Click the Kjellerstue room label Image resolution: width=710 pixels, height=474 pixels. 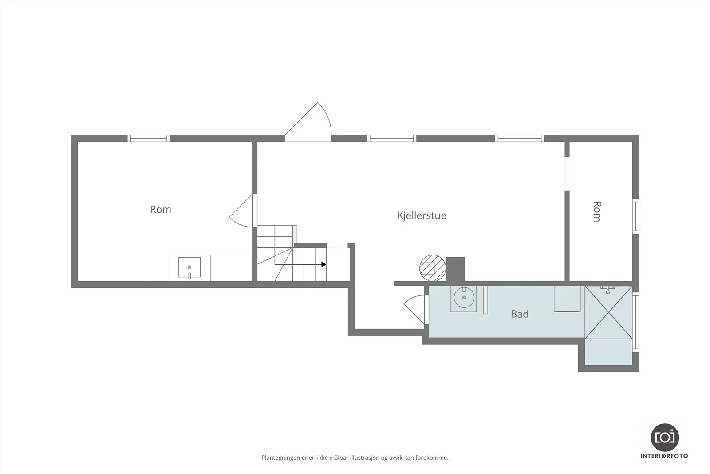422,216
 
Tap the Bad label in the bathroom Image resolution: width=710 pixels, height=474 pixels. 520,314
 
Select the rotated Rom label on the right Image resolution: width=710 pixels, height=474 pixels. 597,211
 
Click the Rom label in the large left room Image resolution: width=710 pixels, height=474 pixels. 160,209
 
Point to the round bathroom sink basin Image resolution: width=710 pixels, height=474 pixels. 464,298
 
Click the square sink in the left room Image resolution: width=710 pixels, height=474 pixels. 189,267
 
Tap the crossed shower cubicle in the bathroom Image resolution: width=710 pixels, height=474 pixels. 608,312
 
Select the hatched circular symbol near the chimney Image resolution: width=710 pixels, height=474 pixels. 432,268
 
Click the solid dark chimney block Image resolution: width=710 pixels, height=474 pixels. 455,269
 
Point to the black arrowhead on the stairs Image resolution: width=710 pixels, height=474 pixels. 323,264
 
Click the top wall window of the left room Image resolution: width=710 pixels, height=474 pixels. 149,138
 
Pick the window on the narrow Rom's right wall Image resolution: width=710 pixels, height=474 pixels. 635,216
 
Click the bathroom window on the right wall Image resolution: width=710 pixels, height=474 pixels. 635,322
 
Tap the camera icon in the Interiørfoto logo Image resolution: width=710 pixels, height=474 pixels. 665,438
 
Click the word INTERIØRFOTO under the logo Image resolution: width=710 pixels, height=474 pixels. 664,456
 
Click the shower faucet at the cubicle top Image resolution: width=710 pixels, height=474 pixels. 607,289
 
